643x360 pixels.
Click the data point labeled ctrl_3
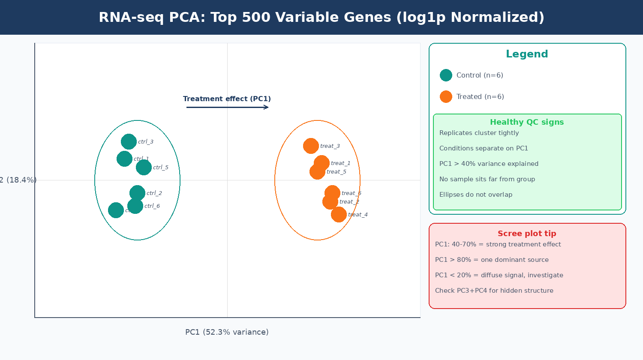coord(129,141)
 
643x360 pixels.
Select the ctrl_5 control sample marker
coord(144,167)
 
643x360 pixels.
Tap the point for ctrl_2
coord(137,193)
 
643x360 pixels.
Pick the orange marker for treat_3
coord(311,146)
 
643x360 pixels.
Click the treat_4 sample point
coord(339,214)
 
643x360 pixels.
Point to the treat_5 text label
coord(337,172)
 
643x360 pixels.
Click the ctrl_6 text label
coord(152,206)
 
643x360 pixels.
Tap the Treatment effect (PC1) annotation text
coord(227,99)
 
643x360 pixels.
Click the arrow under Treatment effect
coord(227,107)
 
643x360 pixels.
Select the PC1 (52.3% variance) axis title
coord(227,332)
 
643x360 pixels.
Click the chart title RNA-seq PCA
coord(321,18)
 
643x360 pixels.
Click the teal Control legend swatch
coord(446,75)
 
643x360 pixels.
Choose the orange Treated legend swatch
coord(446,96)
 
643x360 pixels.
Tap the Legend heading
coord(527,54)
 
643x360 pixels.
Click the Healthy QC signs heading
coord(527,122)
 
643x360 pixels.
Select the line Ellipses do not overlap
coord(476,195)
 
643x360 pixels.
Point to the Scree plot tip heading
coord(527,234)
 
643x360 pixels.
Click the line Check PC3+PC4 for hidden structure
coord(494,291)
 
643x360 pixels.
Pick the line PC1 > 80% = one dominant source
coord(492,260)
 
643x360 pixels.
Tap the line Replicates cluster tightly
coord(479,133)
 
